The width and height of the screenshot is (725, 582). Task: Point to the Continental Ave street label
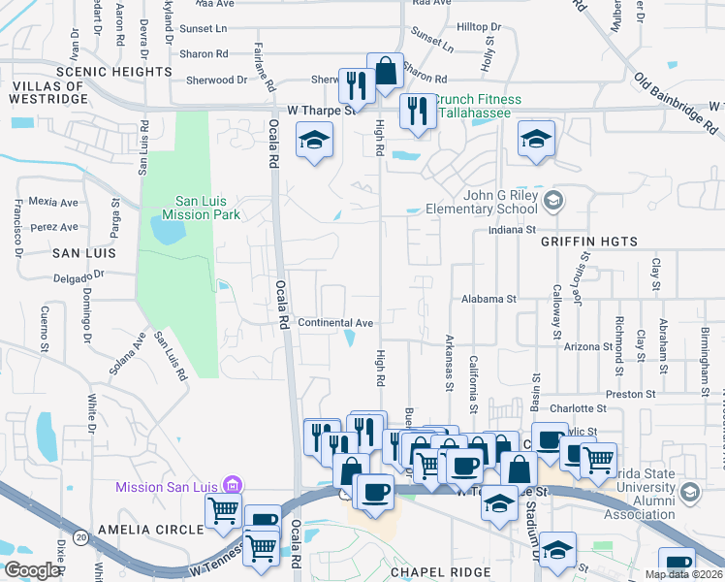pyautogui.click(x=335, y=323)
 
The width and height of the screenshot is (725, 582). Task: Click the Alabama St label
pyautogui.click(x=489, y=300)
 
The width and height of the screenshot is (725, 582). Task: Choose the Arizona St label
pyautogui.click(x=588, y=345)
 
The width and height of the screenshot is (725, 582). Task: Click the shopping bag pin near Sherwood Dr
pyautogui.click(x=385, y=71)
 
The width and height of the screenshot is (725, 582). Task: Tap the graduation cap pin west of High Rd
pyautogui.click(x=314, y=143)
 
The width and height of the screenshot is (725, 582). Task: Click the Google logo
pyautogui.click(x=32, y=570)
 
